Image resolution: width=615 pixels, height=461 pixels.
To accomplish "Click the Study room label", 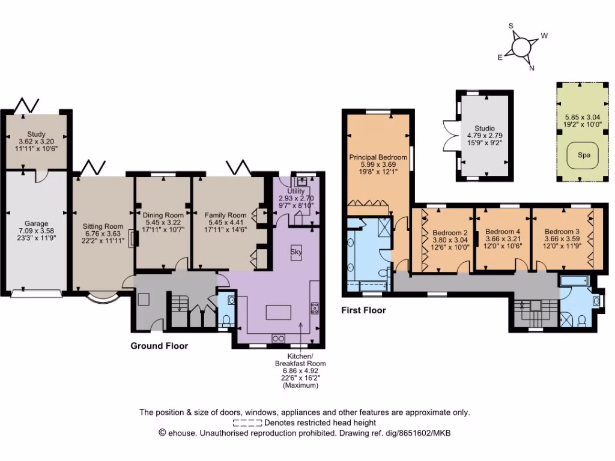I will [x=36, y=134].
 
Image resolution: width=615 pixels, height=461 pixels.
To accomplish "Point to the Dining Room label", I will [x=163, y=215].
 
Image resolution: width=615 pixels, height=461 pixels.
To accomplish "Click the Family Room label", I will [x=225, y=215].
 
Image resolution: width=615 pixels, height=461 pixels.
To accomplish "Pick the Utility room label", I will [x=300, y=191].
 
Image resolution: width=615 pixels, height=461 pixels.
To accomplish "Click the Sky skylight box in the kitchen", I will [x=296, y=252].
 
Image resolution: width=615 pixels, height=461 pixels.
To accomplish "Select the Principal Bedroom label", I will [x=378, y=157].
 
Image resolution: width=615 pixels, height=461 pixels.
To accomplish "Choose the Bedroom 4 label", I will [x=503, y=232].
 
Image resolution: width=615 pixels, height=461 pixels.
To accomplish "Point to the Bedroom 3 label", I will [x=562, y=232].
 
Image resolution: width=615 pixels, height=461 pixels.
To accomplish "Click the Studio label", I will [x=484, y=128].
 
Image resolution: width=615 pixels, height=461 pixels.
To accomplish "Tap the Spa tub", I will [x=584, y=155].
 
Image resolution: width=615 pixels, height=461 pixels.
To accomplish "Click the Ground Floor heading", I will [x=159, y=346].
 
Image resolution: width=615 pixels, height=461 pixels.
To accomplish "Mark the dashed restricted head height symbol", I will [x=247, y=423].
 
